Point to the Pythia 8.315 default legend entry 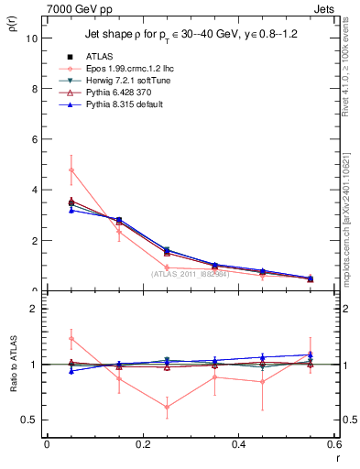point(129,105)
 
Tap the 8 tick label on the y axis point(33,90)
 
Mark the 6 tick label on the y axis point(33,140)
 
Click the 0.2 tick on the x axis point(142,443)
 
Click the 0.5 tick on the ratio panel point(29,420)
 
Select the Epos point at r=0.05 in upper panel point(71,169)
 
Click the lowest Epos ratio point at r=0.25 point(167,407)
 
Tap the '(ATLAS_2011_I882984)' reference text point(191,273)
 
